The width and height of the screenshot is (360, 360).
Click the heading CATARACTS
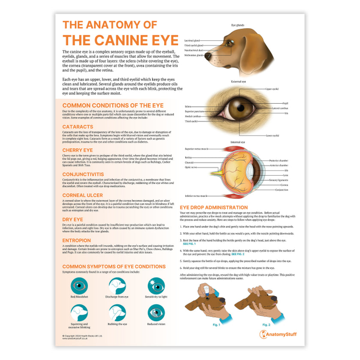[78, 127]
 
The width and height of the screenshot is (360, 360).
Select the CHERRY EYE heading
[78, 150]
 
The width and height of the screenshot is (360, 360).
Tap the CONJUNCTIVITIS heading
[83, 174]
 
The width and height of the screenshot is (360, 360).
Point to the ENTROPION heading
[77, 240]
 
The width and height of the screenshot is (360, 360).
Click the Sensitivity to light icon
[156, 285]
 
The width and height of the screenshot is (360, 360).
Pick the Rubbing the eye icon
[117, 312]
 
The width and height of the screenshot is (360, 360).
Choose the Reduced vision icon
[156, 312]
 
